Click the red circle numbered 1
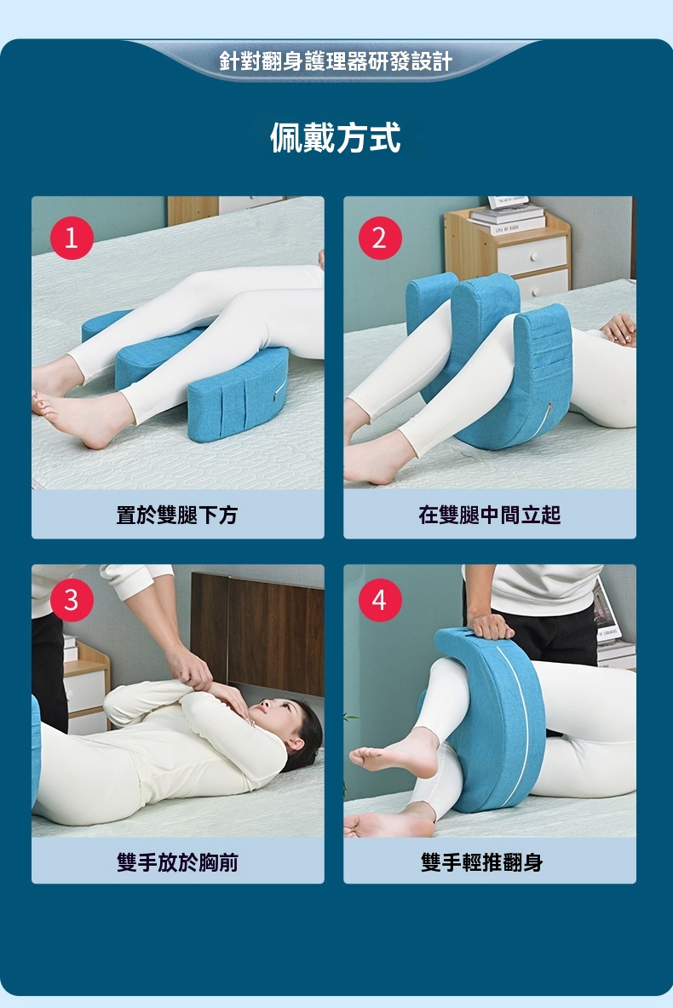click(x=72, y=238)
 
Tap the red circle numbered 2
click(x=380, y=238)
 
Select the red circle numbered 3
click(x=72, y=601)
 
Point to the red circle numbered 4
click(x=380, y=601)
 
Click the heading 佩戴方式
click(x=336, y=137)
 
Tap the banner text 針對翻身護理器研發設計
click(x=336, y=61)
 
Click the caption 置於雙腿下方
click(x=176, y=515)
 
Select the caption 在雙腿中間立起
click(x=489, y=515)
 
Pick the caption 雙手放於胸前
click(x=176, y=861)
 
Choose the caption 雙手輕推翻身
click(x=481, y=861)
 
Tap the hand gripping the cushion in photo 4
click(x=491, y=625)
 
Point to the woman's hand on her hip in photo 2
click(x=620, y=329)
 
